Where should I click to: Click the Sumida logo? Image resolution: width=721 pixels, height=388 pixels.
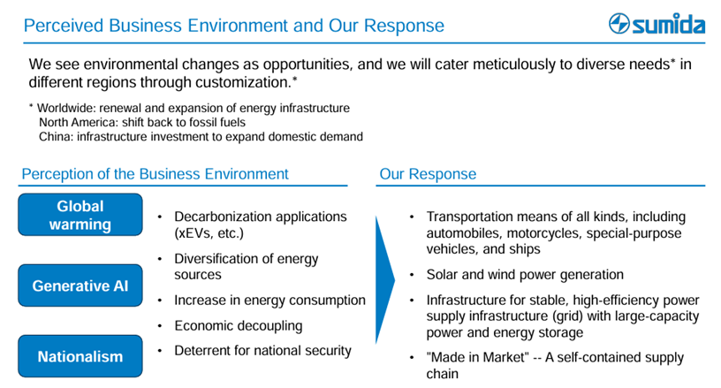coord(656,24)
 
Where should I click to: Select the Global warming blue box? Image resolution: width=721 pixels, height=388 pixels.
coord(80,215)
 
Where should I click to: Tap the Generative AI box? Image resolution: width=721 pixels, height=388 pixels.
coord(80,285)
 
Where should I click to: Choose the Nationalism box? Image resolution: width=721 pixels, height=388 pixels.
coord(80,356)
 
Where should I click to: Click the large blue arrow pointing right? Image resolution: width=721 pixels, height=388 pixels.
coord(384,280)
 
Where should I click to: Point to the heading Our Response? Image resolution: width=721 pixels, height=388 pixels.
coord(428,174)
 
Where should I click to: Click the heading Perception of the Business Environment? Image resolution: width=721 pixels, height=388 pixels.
coord(155,174)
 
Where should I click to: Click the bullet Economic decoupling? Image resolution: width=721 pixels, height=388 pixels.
coord(239,326)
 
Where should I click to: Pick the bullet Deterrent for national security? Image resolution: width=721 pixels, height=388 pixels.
coord(262,351)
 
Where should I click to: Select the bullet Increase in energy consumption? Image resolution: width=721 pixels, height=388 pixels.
coord(269,301)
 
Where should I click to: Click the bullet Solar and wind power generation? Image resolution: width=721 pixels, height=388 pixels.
coord(525,275)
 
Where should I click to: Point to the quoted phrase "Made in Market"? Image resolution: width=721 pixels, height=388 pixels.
coord(478,357)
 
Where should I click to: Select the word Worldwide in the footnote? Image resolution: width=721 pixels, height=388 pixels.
coord(65,108)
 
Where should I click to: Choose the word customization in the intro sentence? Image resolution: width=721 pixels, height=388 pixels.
coord(244,82)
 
